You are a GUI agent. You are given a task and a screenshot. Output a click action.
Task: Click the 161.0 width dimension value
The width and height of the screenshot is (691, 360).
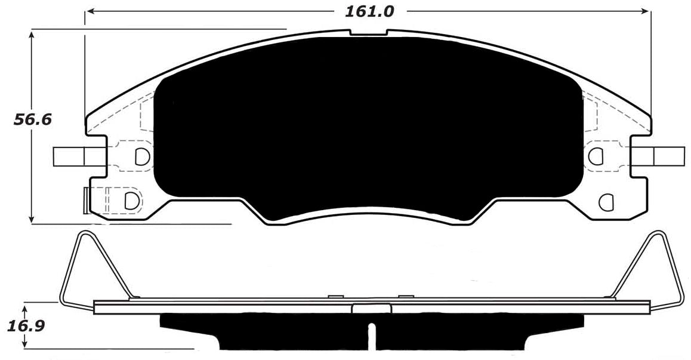[369, 11]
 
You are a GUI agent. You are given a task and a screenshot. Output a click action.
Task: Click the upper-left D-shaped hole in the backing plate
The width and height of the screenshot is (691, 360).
[141, 156]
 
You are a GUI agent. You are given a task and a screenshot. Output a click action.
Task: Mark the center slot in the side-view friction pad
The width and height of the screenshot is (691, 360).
[372, 337]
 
